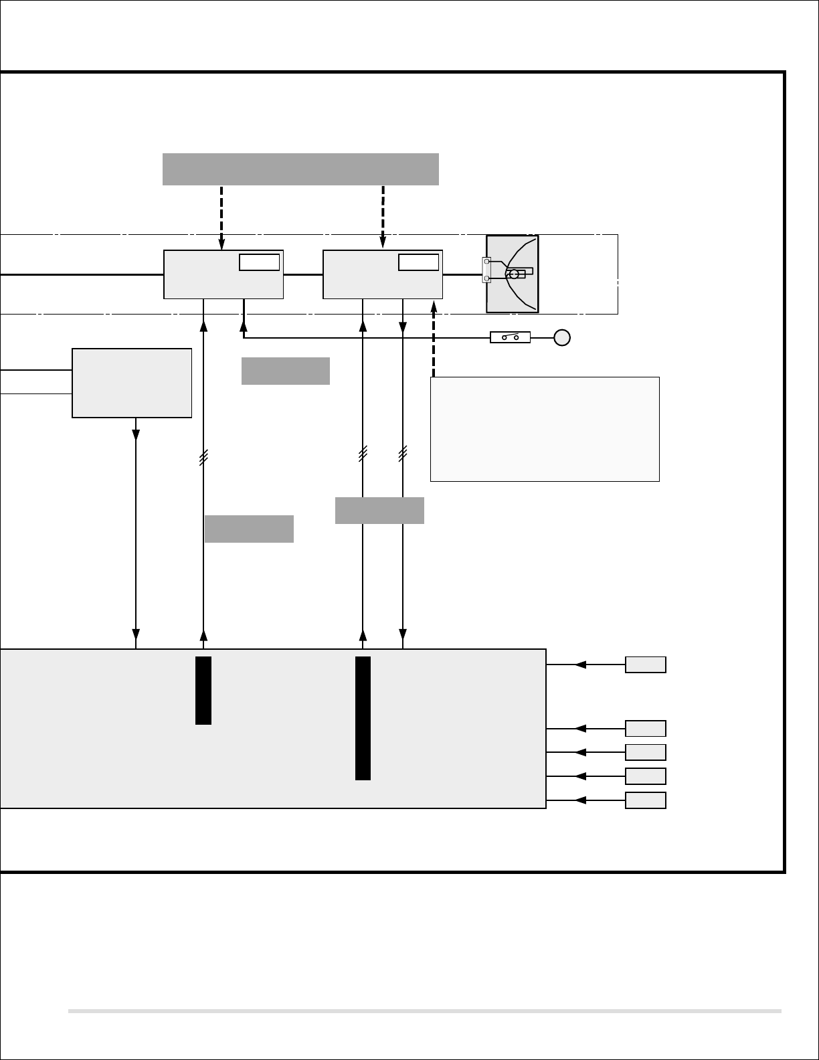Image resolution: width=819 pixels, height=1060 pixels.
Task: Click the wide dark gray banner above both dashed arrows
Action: point(300,169)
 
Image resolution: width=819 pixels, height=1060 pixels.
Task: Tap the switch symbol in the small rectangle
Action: point(511,337)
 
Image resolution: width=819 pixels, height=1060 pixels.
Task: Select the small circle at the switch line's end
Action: point(562,337)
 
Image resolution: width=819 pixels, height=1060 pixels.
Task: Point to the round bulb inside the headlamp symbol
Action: point(513,274)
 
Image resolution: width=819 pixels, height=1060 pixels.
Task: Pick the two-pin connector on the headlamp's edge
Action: point(486,270)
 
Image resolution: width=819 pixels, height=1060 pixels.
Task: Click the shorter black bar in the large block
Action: point(203,690)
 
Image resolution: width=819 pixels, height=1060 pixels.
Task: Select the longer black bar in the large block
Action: point(363,718)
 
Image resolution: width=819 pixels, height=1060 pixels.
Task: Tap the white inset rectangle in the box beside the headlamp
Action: point(418,262)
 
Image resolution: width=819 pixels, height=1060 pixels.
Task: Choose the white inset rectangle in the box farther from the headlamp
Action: point(259,262)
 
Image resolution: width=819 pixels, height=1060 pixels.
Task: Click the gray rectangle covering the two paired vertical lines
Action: point(379,511)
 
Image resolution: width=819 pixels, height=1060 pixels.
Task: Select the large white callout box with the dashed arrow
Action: point(545,429)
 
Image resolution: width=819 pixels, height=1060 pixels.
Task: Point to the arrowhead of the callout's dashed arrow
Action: point(434,305)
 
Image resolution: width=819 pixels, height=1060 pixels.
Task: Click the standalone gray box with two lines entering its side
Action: point(132,383)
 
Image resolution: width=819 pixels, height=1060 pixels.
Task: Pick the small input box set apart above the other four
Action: point(645,665)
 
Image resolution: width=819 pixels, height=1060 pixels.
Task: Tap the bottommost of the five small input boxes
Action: point(645,800)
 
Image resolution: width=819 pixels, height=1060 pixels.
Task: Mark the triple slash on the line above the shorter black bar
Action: point(203,457)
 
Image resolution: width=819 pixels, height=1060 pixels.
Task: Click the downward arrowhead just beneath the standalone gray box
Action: point(136,434)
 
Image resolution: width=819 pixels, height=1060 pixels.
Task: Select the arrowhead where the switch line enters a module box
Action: point(244,326)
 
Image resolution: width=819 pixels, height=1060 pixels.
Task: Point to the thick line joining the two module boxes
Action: point(303,274)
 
